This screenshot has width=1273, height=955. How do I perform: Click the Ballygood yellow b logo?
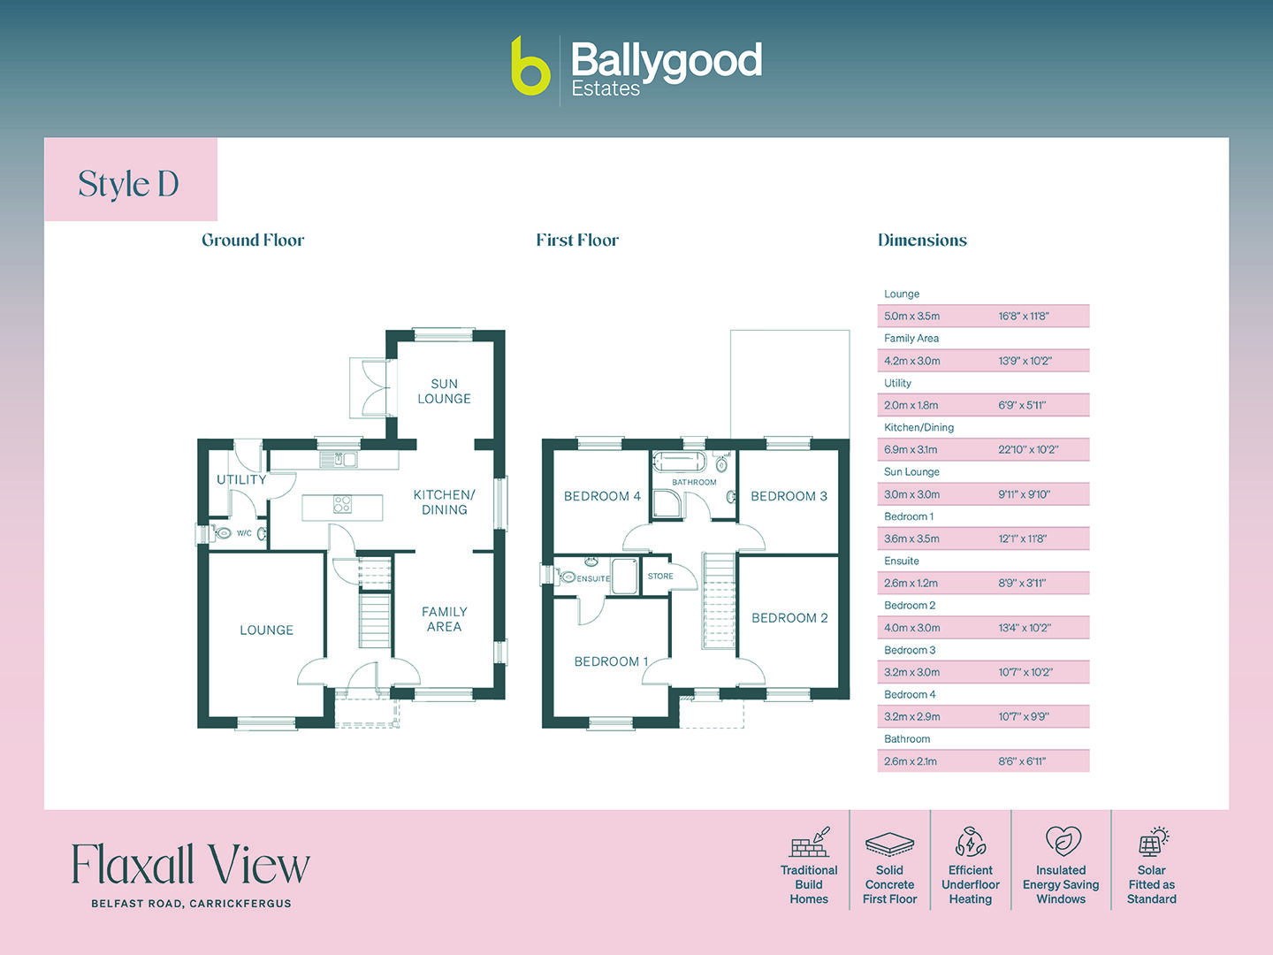point(530,66)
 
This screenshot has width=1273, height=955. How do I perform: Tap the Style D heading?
point(129,184)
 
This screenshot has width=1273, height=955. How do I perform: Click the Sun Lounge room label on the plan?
point(444,391)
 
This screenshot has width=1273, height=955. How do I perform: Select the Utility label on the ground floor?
point(241,479)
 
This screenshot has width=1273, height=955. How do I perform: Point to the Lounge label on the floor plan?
point(266,630)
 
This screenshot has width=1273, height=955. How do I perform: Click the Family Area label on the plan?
point(444,619)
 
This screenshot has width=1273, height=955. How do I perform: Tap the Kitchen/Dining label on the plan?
point(444,501)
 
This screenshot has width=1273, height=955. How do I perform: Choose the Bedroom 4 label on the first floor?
point(602,496)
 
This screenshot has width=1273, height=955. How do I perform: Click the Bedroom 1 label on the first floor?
point(611,661)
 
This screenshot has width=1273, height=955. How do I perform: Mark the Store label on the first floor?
point(660,576)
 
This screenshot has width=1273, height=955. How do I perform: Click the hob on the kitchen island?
point(343,504)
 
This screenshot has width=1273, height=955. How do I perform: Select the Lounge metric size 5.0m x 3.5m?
point(911,316)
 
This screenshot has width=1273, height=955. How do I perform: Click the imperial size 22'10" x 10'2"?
point(1028,449)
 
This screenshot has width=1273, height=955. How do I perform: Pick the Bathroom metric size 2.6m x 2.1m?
point(911,761)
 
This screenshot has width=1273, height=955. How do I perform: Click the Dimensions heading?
point(922,240)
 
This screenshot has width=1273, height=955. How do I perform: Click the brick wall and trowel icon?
point(810,843)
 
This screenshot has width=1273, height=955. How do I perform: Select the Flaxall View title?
point(190,864)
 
